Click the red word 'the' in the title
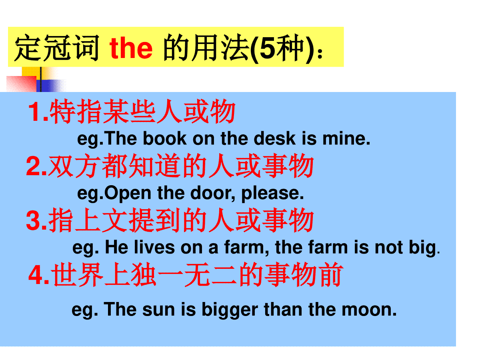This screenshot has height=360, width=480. click(131, 48)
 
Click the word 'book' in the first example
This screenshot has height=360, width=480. click(165, 138)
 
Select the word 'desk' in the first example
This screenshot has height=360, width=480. click(274, 138)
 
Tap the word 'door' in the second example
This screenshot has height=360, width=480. click(212, 193)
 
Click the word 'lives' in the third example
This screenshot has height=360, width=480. click(154, 248)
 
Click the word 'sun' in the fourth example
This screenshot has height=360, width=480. click(158, 310)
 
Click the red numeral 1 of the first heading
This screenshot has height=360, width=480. click(34, 111)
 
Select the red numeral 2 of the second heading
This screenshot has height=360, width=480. click(33, 166)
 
